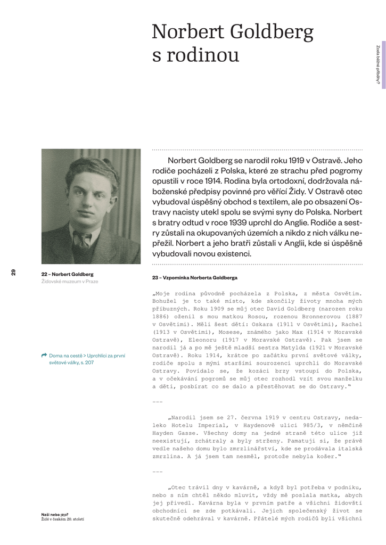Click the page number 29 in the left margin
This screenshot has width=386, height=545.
pos(13,272)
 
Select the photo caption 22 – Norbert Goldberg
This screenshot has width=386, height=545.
pos(67,274)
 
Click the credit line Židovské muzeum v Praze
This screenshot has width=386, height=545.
pos(70,282)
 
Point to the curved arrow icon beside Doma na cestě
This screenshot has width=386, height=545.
pos(44,355)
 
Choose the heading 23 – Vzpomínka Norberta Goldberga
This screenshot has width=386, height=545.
pos(194,278)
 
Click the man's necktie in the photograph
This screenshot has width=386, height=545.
pos(83,240)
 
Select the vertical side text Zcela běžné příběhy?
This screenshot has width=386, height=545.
pos(377,65)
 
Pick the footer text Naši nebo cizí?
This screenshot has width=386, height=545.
pos(54,514)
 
